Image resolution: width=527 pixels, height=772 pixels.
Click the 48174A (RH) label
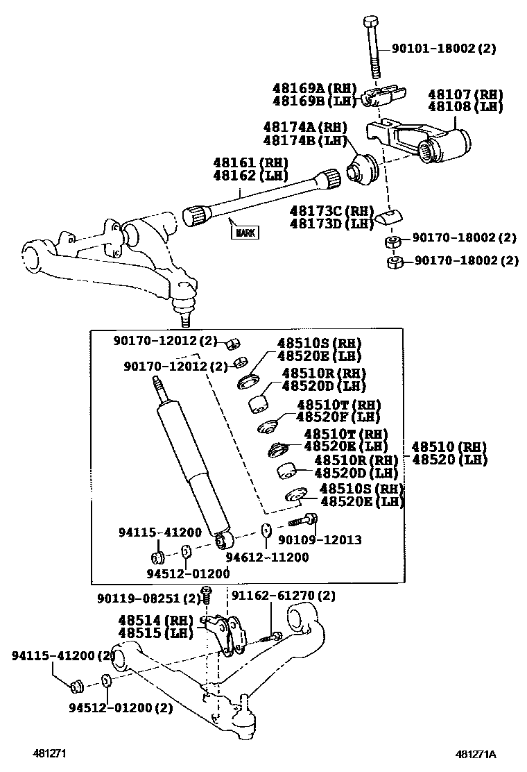(x=304, y=128)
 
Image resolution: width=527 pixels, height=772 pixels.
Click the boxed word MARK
(x=243, y=233)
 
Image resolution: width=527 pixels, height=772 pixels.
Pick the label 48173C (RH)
(x=332, y=210)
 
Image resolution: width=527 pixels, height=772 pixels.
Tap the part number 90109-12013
(x=320, y=539)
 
